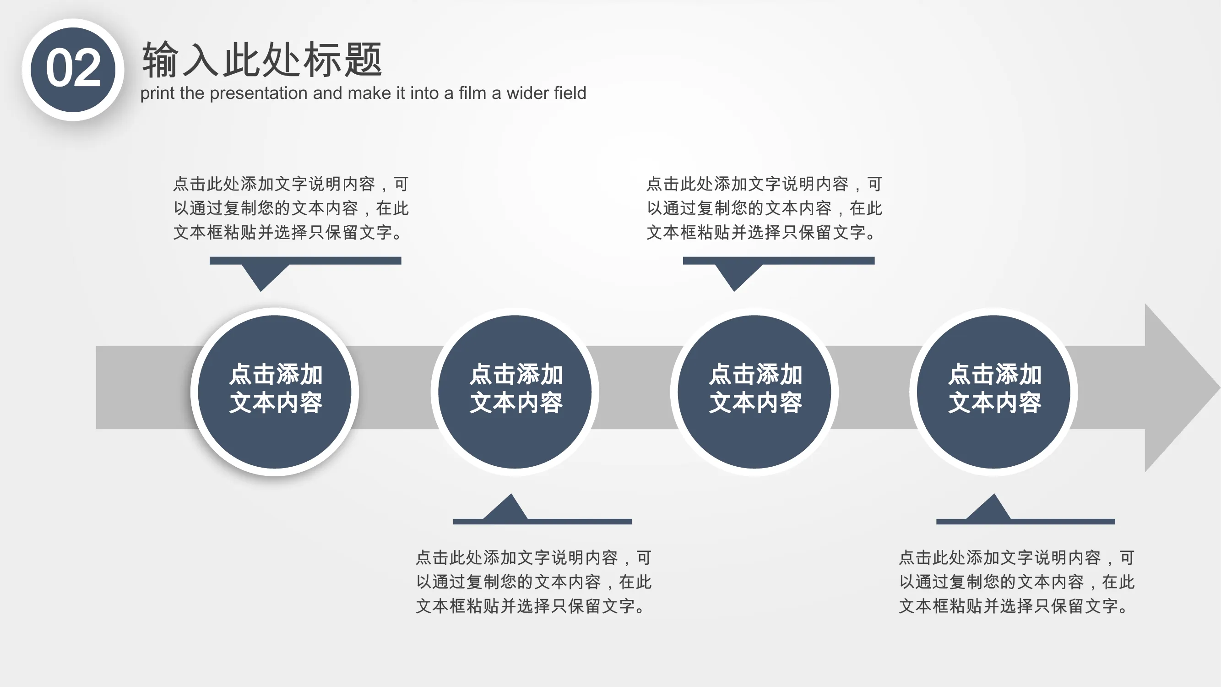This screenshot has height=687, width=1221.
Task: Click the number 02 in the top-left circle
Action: (73, 69)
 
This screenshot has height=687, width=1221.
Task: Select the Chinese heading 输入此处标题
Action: (262, 59)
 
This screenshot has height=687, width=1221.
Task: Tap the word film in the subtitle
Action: (472, 93)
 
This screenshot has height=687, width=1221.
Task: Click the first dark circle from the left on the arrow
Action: (274, 392)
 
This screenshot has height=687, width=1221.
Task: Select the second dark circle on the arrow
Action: (515, 392)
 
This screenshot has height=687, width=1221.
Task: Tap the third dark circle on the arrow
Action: (754, 392)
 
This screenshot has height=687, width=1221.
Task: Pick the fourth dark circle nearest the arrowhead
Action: (993, 392)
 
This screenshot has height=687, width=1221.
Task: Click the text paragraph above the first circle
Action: (291, 208)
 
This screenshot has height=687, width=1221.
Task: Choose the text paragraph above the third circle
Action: (764, 208)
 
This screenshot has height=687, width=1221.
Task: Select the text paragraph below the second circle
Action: (534, 582)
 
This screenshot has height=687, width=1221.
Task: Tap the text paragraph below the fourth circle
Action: (1017, 582)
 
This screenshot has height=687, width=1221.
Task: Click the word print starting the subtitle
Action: (158, 94)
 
